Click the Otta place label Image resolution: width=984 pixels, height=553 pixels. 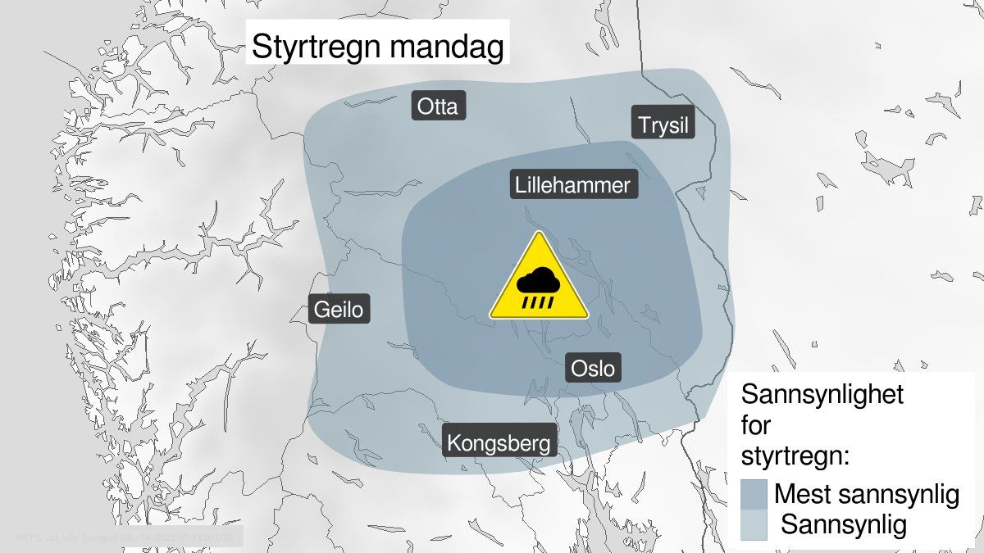(438, 107)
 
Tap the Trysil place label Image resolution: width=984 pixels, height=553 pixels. (663, 125)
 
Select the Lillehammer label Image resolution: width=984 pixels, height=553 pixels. (573, 185)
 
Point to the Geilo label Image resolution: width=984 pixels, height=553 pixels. (340, 310)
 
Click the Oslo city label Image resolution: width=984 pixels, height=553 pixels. (592, 369)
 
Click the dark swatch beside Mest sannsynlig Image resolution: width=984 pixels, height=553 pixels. (753, 495)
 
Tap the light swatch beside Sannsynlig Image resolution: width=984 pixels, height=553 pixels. (753, 524)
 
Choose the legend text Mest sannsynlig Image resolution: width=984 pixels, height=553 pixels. (866, 495)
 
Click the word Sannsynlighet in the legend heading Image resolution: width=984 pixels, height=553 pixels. (822, 394)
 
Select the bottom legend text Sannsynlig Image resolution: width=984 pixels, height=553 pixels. (844, 524)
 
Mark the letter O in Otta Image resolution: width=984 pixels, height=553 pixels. (424, 107)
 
